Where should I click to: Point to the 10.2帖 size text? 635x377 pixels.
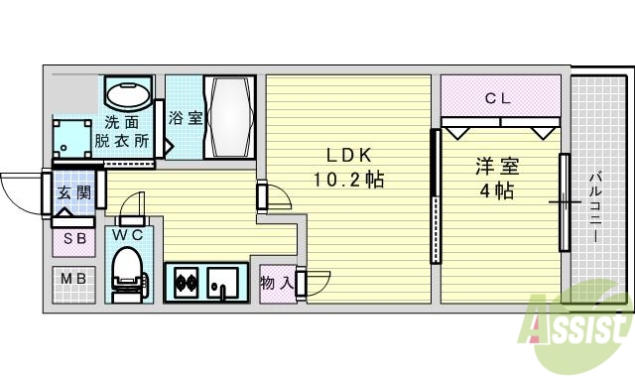click(348, 181)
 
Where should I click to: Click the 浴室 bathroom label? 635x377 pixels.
click(185, 117)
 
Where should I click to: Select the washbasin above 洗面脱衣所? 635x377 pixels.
click(127, 97)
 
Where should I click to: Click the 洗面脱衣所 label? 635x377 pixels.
click(123, 133)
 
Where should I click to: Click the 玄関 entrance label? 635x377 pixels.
click(73, 192)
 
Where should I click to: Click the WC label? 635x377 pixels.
click(127, 235)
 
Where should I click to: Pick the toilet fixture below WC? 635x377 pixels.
click(127, 273)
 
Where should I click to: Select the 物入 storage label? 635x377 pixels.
click(275, 284)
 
